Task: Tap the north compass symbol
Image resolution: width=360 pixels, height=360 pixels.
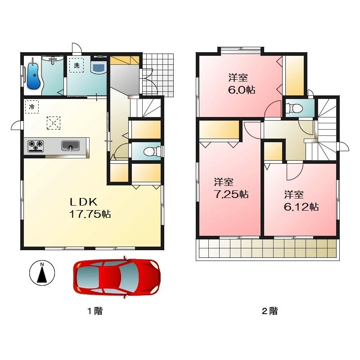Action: [x=42, y=273]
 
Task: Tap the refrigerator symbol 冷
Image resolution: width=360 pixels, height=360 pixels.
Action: [x=31, y=107]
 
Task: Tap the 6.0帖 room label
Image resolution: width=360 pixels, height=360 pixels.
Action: [x=241, y=84]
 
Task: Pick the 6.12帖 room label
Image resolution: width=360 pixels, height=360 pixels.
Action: [x=300, y=201]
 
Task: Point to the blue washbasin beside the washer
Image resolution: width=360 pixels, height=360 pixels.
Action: [x=98, y=68]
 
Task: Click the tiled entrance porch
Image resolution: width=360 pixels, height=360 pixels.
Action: [x=158, y=75]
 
